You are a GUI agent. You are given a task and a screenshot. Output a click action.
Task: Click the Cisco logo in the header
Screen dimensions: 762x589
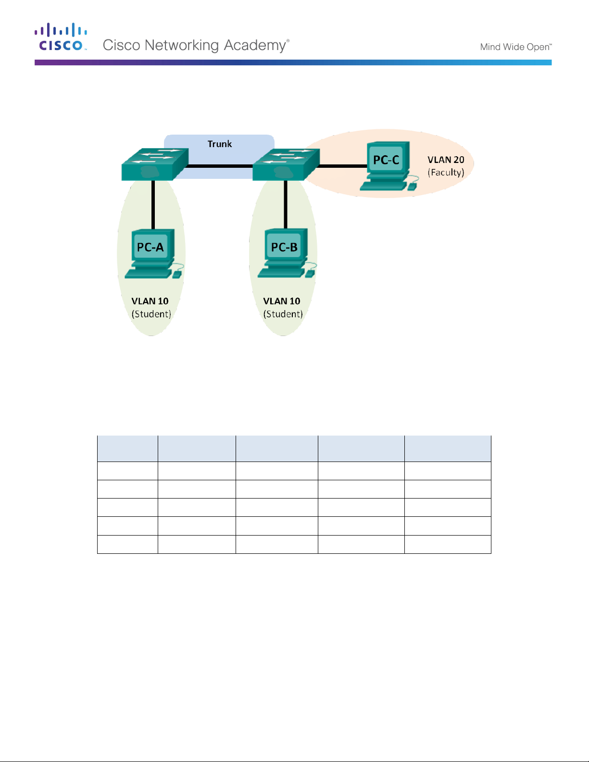click(61, 37)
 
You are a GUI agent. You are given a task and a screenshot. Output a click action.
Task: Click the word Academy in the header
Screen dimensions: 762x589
click(255, 45)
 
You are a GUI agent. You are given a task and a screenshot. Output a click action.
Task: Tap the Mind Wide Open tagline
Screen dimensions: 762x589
click(515, 47)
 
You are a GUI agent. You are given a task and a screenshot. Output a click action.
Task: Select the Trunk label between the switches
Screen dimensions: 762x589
click(220, 144)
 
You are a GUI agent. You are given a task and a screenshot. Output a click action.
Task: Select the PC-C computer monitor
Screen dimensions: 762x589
click(386, 160)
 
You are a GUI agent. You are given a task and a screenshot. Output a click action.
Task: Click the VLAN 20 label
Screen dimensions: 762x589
click(446, 160)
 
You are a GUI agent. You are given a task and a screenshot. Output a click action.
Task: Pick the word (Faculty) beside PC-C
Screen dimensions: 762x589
click(446, 172)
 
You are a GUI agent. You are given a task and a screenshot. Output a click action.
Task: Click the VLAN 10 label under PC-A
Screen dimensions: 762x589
click(150, 301)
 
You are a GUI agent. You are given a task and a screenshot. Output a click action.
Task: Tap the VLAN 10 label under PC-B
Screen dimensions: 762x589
click(282, 301)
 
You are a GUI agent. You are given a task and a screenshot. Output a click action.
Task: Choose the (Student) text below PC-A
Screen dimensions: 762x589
click(151, 314)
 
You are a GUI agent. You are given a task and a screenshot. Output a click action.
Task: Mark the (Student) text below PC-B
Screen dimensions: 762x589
click(283, 314)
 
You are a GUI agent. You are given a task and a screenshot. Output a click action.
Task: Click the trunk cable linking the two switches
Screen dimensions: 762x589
click(220, 166)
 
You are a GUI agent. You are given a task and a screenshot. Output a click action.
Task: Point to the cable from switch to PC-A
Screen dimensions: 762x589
click(153, 204)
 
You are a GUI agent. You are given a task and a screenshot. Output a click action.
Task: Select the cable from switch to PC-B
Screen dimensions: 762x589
click(286, 204)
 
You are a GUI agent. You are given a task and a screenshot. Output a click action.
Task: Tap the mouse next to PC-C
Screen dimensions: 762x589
click(412, 187)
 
